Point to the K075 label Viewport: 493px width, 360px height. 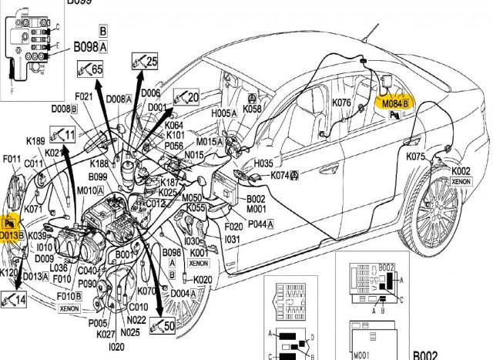pyautogui.click(x=416, y=156)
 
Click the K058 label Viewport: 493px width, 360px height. pyautogui.click(x=253, y=109)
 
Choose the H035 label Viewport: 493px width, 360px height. pyautogui.click(x=263, y=164)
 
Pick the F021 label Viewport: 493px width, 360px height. pyautogui.click(x=84, y=96)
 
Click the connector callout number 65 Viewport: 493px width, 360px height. pyautogui.click(x=96, y=70)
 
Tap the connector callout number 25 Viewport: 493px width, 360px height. pyautogui.click(x=151, y=62)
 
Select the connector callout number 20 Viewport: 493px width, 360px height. pyautogui.click(x=193, y=97)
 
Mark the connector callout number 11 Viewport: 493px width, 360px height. pyautogui.click(x=69, y=135)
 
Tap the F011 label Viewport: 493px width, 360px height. pyautogui.click(x=12, y=160)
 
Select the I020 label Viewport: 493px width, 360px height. pyautogui.click(x=117, y=348)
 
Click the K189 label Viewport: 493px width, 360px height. pyautogui.click(x=36, y=141)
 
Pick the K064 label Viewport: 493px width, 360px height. pyautogui.click(x=175, y=125)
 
